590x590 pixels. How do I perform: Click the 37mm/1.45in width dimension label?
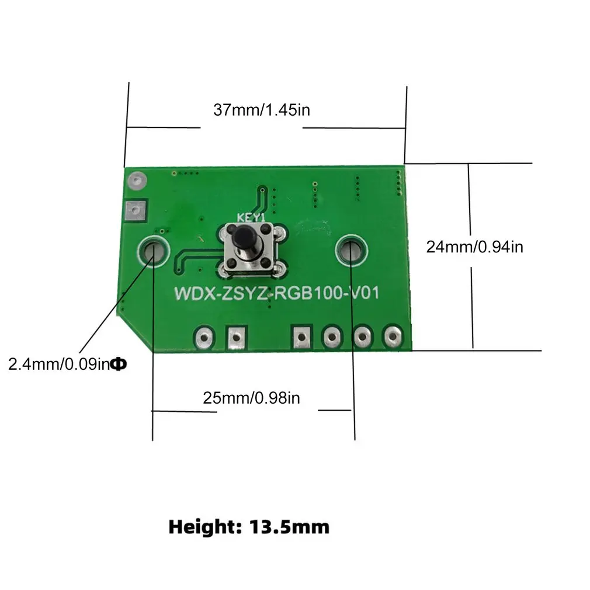coord(261,109)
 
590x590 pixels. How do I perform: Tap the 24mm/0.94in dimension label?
coord(474,247)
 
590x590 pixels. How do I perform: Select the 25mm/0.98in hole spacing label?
coord(251,398)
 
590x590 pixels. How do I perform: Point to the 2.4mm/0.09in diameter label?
coord(58,365)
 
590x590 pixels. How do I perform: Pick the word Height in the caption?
coord(201,527)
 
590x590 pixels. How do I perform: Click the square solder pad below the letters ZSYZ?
coord(236,336)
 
